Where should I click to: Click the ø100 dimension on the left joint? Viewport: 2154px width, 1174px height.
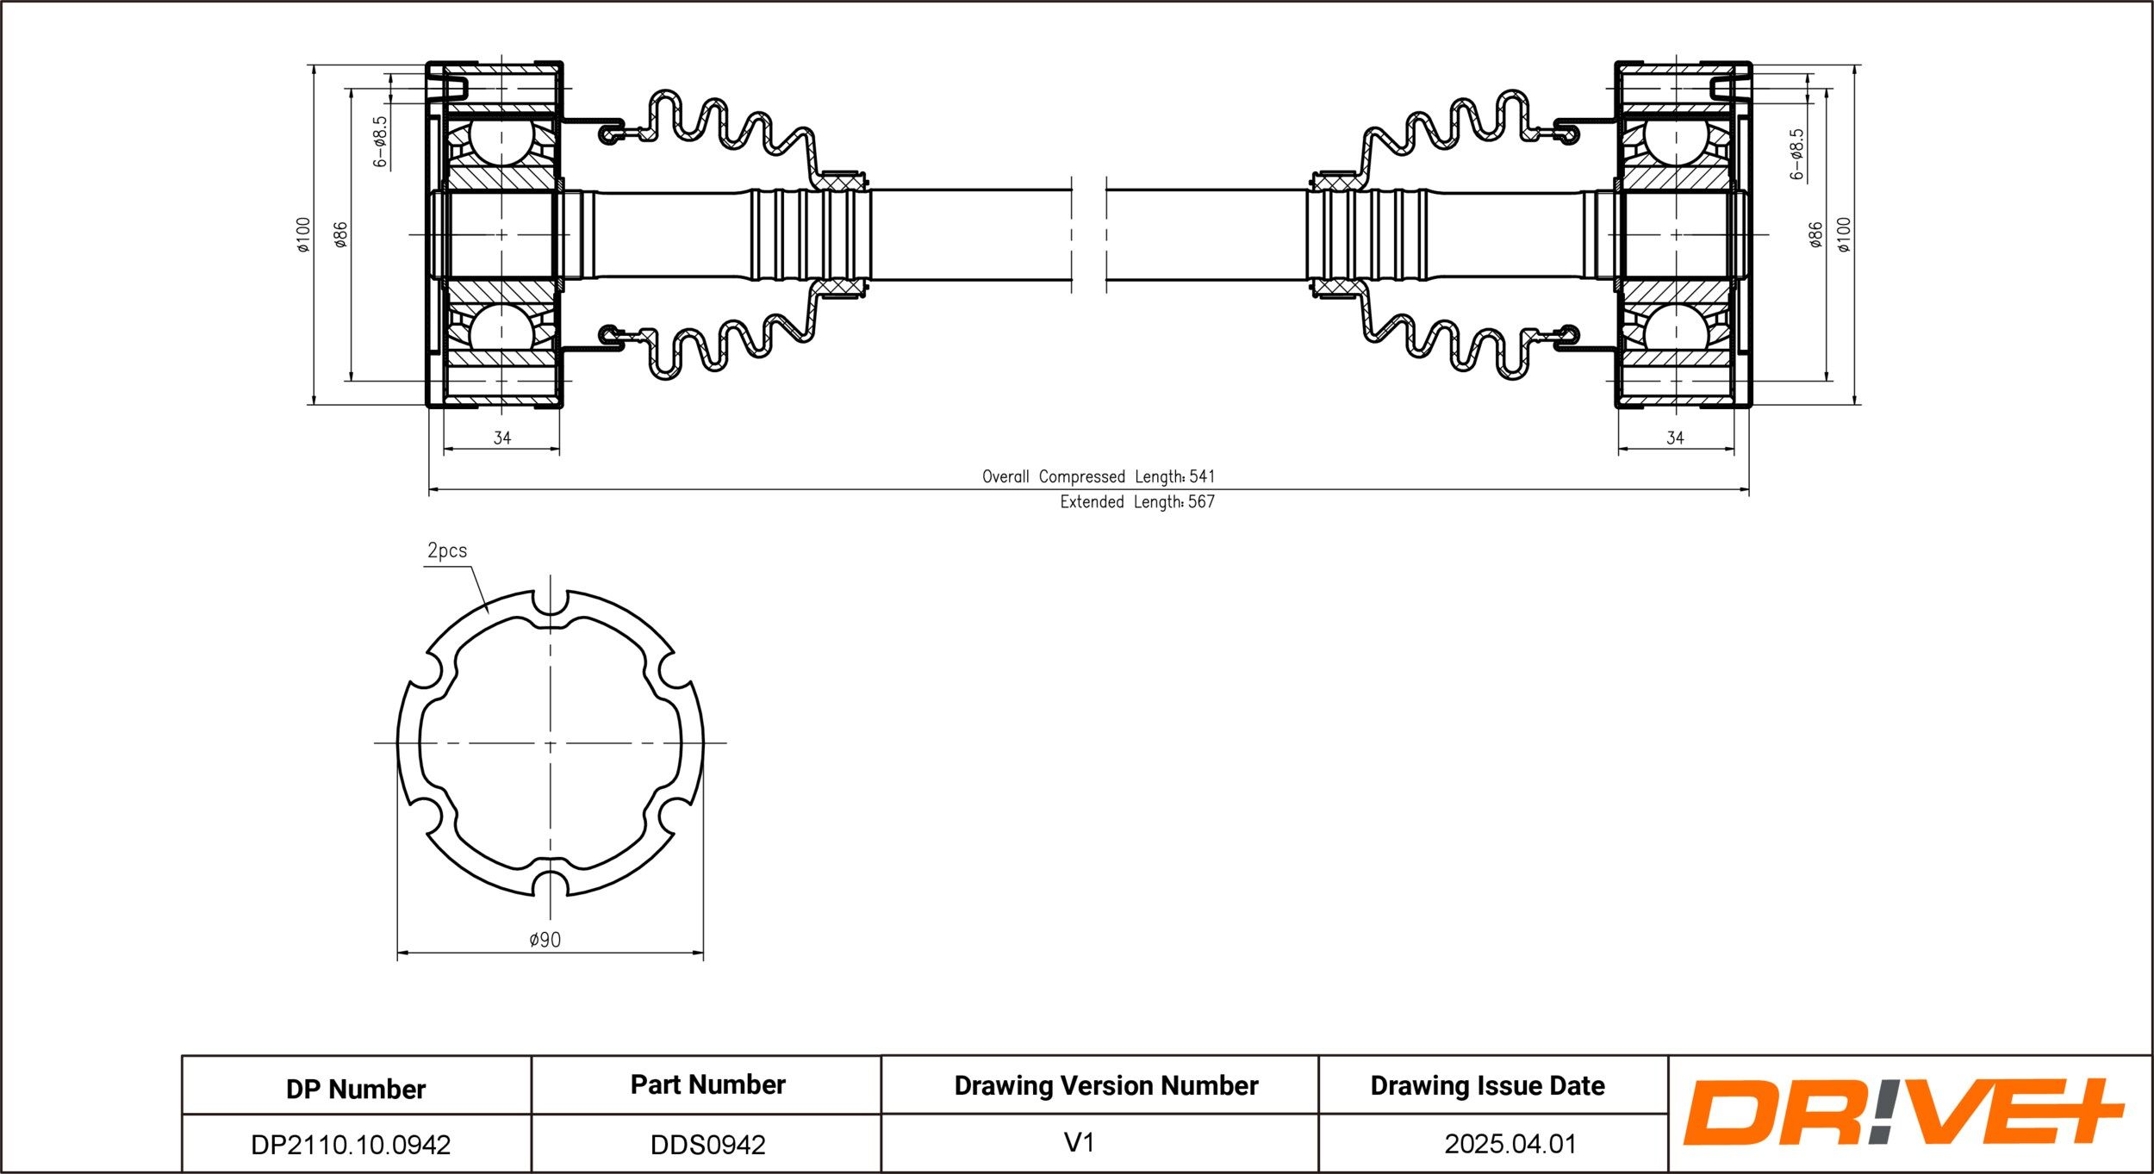pyautogui.click(x=302, y=234)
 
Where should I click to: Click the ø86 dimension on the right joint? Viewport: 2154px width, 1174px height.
pyautogui.click(x=1815, y=234)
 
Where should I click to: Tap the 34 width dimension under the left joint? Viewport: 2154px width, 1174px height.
pyautogui.click(x=501, y=438)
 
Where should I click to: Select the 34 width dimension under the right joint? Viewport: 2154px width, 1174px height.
pyautogui.click(x=1675, y=438)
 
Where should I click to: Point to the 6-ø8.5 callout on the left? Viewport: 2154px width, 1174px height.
pyautogui.click(x=381, y=141)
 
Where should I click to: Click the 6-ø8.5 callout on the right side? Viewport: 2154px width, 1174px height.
pyautogui.click(x=1796, y=154)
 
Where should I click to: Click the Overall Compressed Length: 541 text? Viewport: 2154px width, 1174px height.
pyautogui.click(x=1099, y=476)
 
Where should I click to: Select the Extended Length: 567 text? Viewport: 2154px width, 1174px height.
pyautogui.click(x=1137, y=501)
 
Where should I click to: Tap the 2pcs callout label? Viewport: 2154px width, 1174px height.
pyautogui.click(x=447, y=550)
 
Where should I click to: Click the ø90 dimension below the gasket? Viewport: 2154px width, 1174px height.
pyautogui.click(x=545, y=940)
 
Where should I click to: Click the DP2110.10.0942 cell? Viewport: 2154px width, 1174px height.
pyautogui.click(x=351, y=1145)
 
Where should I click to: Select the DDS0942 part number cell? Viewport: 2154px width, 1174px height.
pyautogui.click(x=707, y=1145)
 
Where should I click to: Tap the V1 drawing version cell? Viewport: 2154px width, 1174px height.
pyautogui.click(x=1079, y=1143)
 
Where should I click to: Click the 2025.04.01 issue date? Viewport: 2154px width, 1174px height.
pyautogui.click(x=1510, y=1144)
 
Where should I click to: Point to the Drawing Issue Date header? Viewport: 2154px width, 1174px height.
pyautogui.click(x=1488, y=1086)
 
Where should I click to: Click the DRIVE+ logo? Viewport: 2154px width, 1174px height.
pyautogui.click(x=1903, y=1111)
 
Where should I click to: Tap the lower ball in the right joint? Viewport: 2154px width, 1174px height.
pyautogui.click(x=1676, y=326)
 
